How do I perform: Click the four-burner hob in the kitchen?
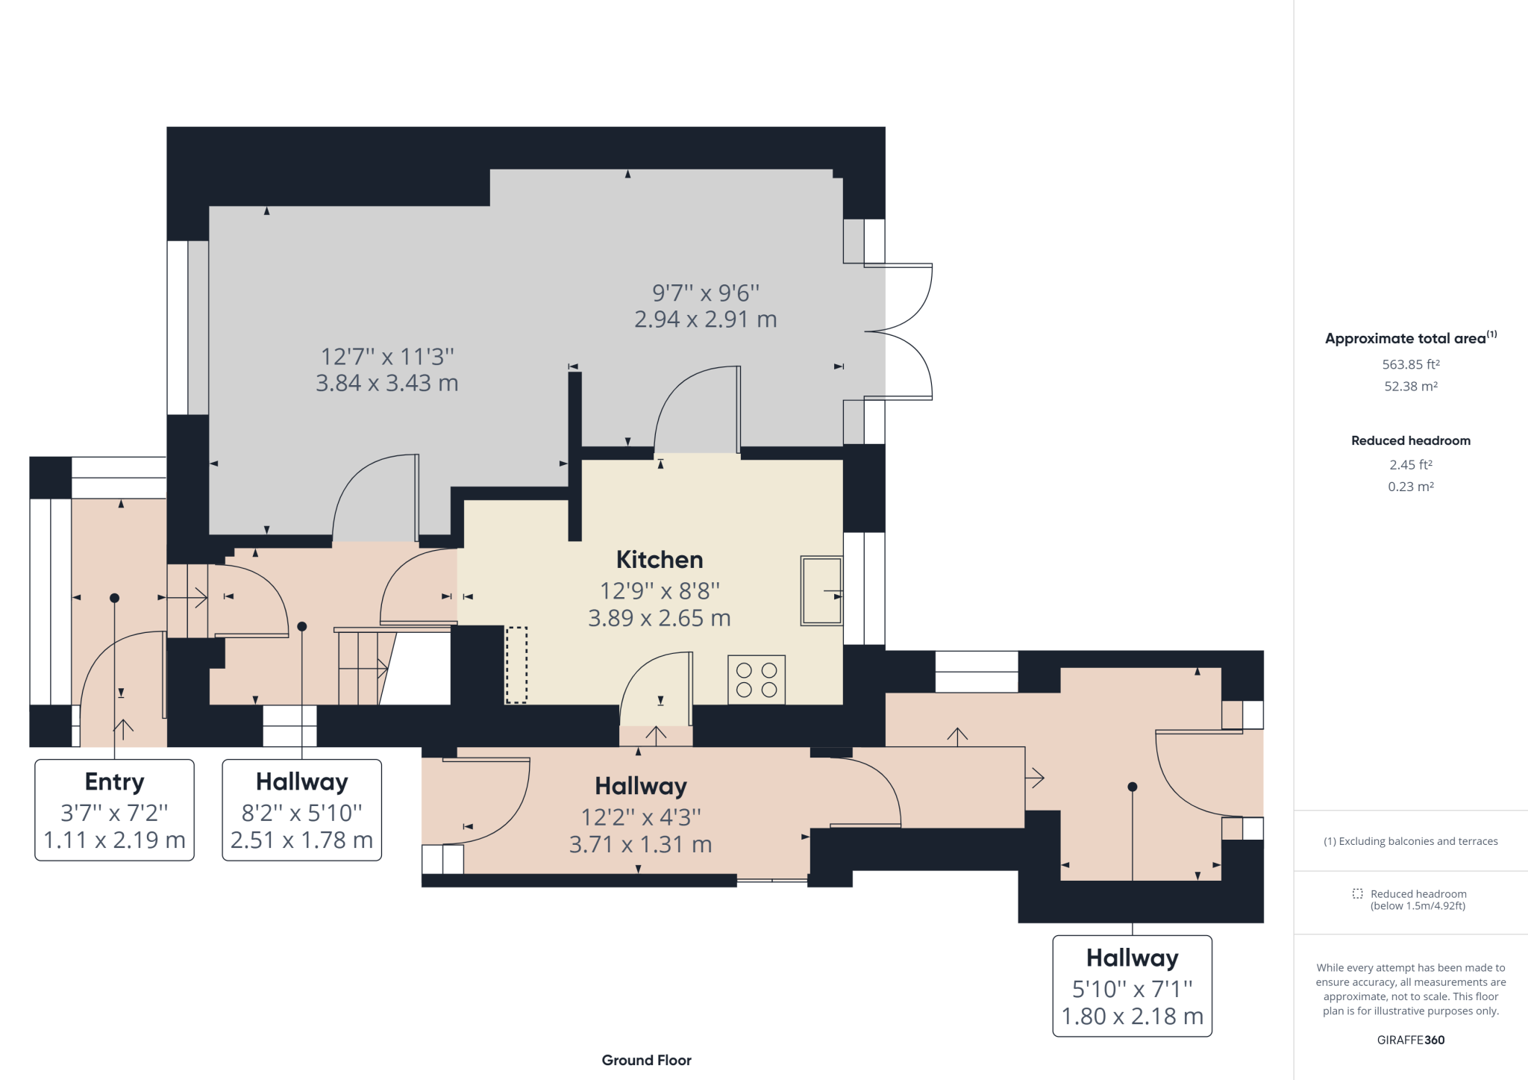pyautogui.click(x=757, y=680)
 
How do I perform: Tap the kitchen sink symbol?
pyautogui.click(x=821, y=590)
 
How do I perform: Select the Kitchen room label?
pyautogui.click(x=660, y=560)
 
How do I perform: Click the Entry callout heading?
pyautogui.click(x=115, y=781)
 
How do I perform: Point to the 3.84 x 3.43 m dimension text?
pyautogui.click(x=386, y=384)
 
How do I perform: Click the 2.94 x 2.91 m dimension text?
pyautogui.click(x=705, y=319)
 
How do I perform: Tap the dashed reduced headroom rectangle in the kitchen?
pyautogui.click(x=516, y=664)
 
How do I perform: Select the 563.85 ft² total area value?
pyautogui.click(x=1410, y=364)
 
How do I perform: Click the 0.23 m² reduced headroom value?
pyautogui.click(x=1410, y=487)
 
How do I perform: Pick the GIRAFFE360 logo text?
pyautogui.click(x=1410, y=1040)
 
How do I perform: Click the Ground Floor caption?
pyautogui.click(x=646, y=1060)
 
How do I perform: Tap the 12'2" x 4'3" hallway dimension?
pyautogui.click(x=641, y=817)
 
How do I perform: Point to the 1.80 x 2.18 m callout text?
pyautogui.click(x=1132, y=1017)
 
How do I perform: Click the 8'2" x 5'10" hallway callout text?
pyautogui.click(x=302, y=812)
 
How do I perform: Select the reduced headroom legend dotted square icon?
pyautogui.click(x=1357, y=893)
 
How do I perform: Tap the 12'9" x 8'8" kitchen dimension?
pyautogui.click(x=660, y=591)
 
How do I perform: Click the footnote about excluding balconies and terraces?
pyautogui.click(x=1410, y=841)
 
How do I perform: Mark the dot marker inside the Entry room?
pyautogui.click(x=114, y=598)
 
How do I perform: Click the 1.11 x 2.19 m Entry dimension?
pyautogui.click(x=115, y=840)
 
